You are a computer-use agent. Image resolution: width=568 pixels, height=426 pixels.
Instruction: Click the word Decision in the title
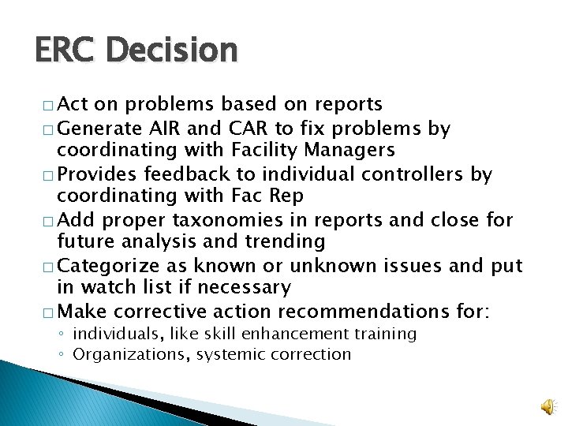[170, 50]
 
